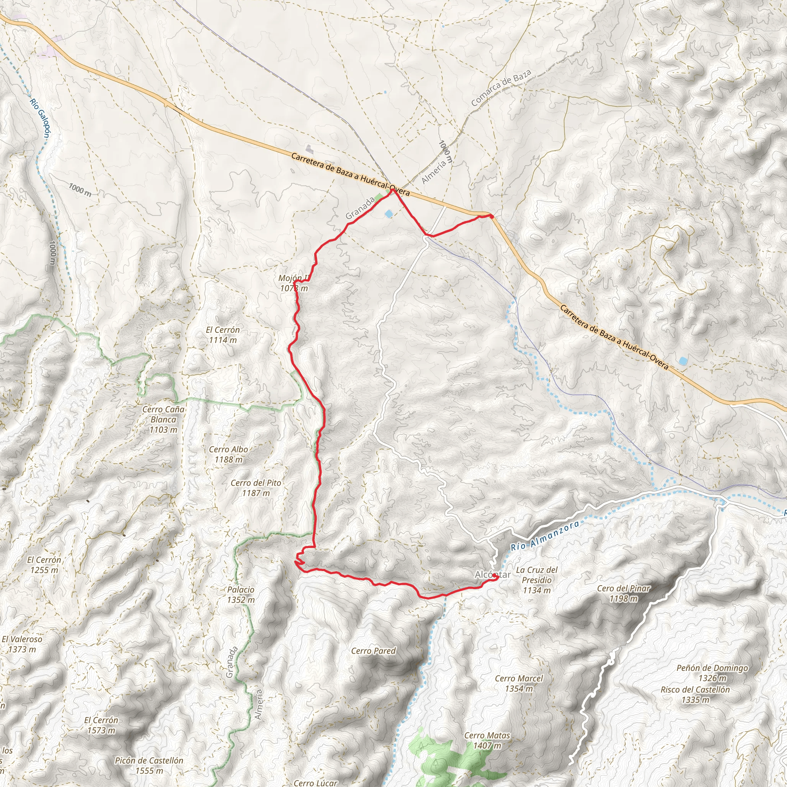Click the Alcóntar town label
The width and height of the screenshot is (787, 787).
pos(493,574)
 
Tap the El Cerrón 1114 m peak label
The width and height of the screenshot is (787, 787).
pos(222,335)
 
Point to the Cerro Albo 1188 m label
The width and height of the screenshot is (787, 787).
pos(228,454)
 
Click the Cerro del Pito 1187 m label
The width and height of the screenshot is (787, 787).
pos(256,488)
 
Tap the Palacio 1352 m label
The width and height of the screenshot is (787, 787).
pos(241,594)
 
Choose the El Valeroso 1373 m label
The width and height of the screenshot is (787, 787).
pos(22,644)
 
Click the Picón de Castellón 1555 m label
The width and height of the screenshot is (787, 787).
pos(149,765)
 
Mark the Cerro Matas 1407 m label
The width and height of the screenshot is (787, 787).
pos(487,740)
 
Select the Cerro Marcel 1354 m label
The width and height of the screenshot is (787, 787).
pos(519,683)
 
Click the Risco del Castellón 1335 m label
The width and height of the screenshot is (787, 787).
pos(695,694)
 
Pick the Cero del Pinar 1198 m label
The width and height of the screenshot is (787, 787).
pos(624,593)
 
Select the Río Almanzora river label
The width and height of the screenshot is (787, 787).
pos(545,536)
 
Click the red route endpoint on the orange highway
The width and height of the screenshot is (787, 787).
pos(491,217)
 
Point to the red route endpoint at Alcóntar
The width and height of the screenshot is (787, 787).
pos(494,576)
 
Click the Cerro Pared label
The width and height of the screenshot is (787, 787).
pos(373,651)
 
